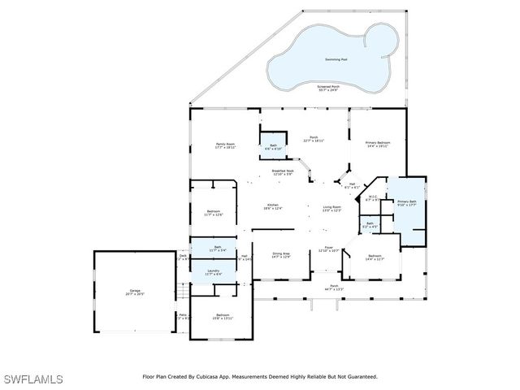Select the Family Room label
click(225, 145)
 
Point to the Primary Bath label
click(406, 201)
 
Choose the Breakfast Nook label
click(283, 171)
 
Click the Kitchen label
click(272, 207)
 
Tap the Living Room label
click(331, 207)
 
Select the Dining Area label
click(280, 254)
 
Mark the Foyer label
click(328, 248)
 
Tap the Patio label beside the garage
click(183, 314)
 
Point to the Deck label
click(183, 256)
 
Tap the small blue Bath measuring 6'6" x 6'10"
click(272, 147)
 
